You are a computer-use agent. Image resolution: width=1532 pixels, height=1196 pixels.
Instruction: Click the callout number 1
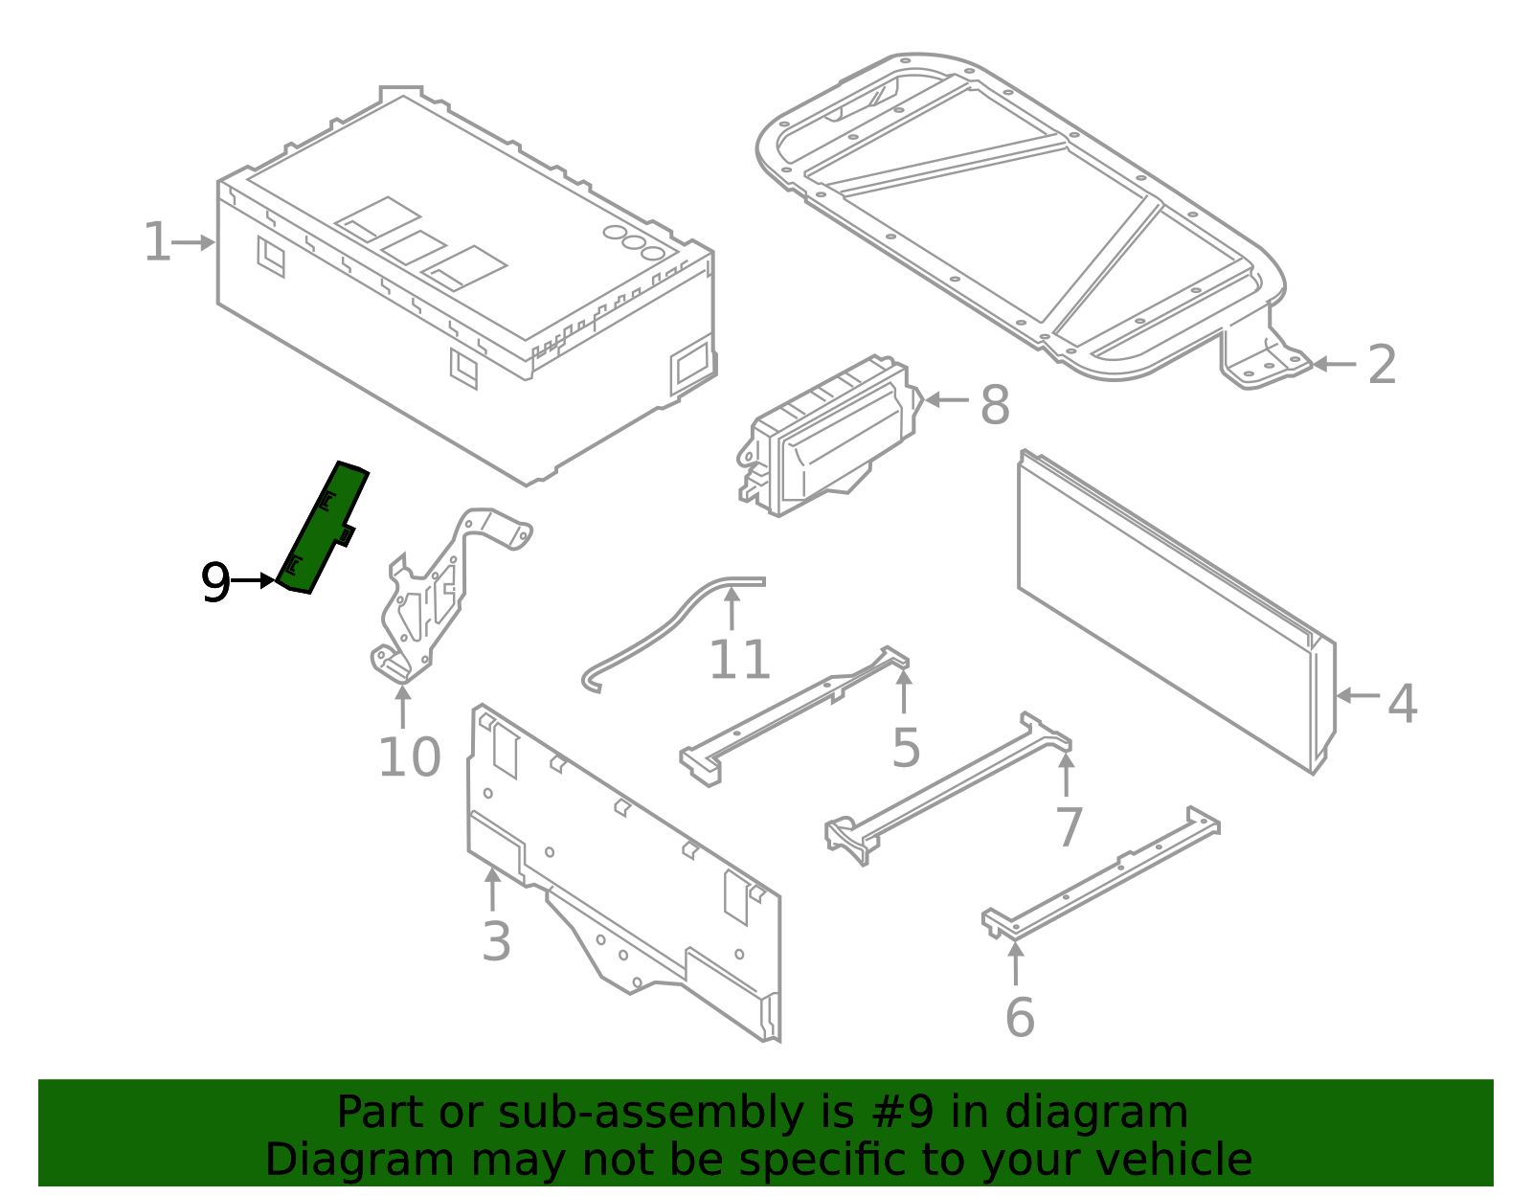point(157,241)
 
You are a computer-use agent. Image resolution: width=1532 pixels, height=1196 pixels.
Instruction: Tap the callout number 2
point(1381,365)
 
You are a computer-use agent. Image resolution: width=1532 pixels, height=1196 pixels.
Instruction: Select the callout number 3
point(496,941)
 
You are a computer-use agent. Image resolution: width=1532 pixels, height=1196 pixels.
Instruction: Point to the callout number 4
point(1402,703)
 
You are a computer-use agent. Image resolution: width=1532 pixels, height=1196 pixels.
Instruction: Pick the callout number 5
point(906,748)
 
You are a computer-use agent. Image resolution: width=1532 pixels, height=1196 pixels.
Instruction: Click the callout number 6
point(1020,1017)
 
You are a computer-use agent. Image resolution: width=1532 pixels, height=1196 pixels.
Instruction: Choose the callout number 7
point(1069,828)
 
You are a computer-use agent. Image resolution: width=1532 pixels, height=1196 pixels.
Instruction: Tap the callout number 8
point(995,405)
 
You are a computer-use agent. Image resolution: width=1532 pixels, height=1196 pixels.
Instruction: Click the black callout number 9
point(215,582)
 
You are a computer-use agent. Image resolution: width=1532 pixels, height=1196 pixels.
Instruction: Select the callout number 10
point(410,757)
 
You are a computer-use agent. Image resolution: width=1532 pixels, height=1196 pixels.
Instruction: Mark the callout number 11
point(739,660)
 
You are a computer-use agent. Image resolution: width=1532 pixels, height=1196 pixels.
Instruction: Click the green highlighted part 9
point(323,529)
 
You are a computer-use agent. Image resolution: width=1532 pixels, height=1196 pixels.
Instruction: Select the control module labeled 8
point(828,437)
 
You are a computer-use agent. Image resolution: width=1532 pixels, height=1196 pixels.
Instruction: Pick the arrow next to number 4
point(1358,695)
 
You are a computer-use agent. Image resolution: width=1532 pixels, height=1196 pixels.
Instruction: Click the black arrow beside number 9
point(253,580)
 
